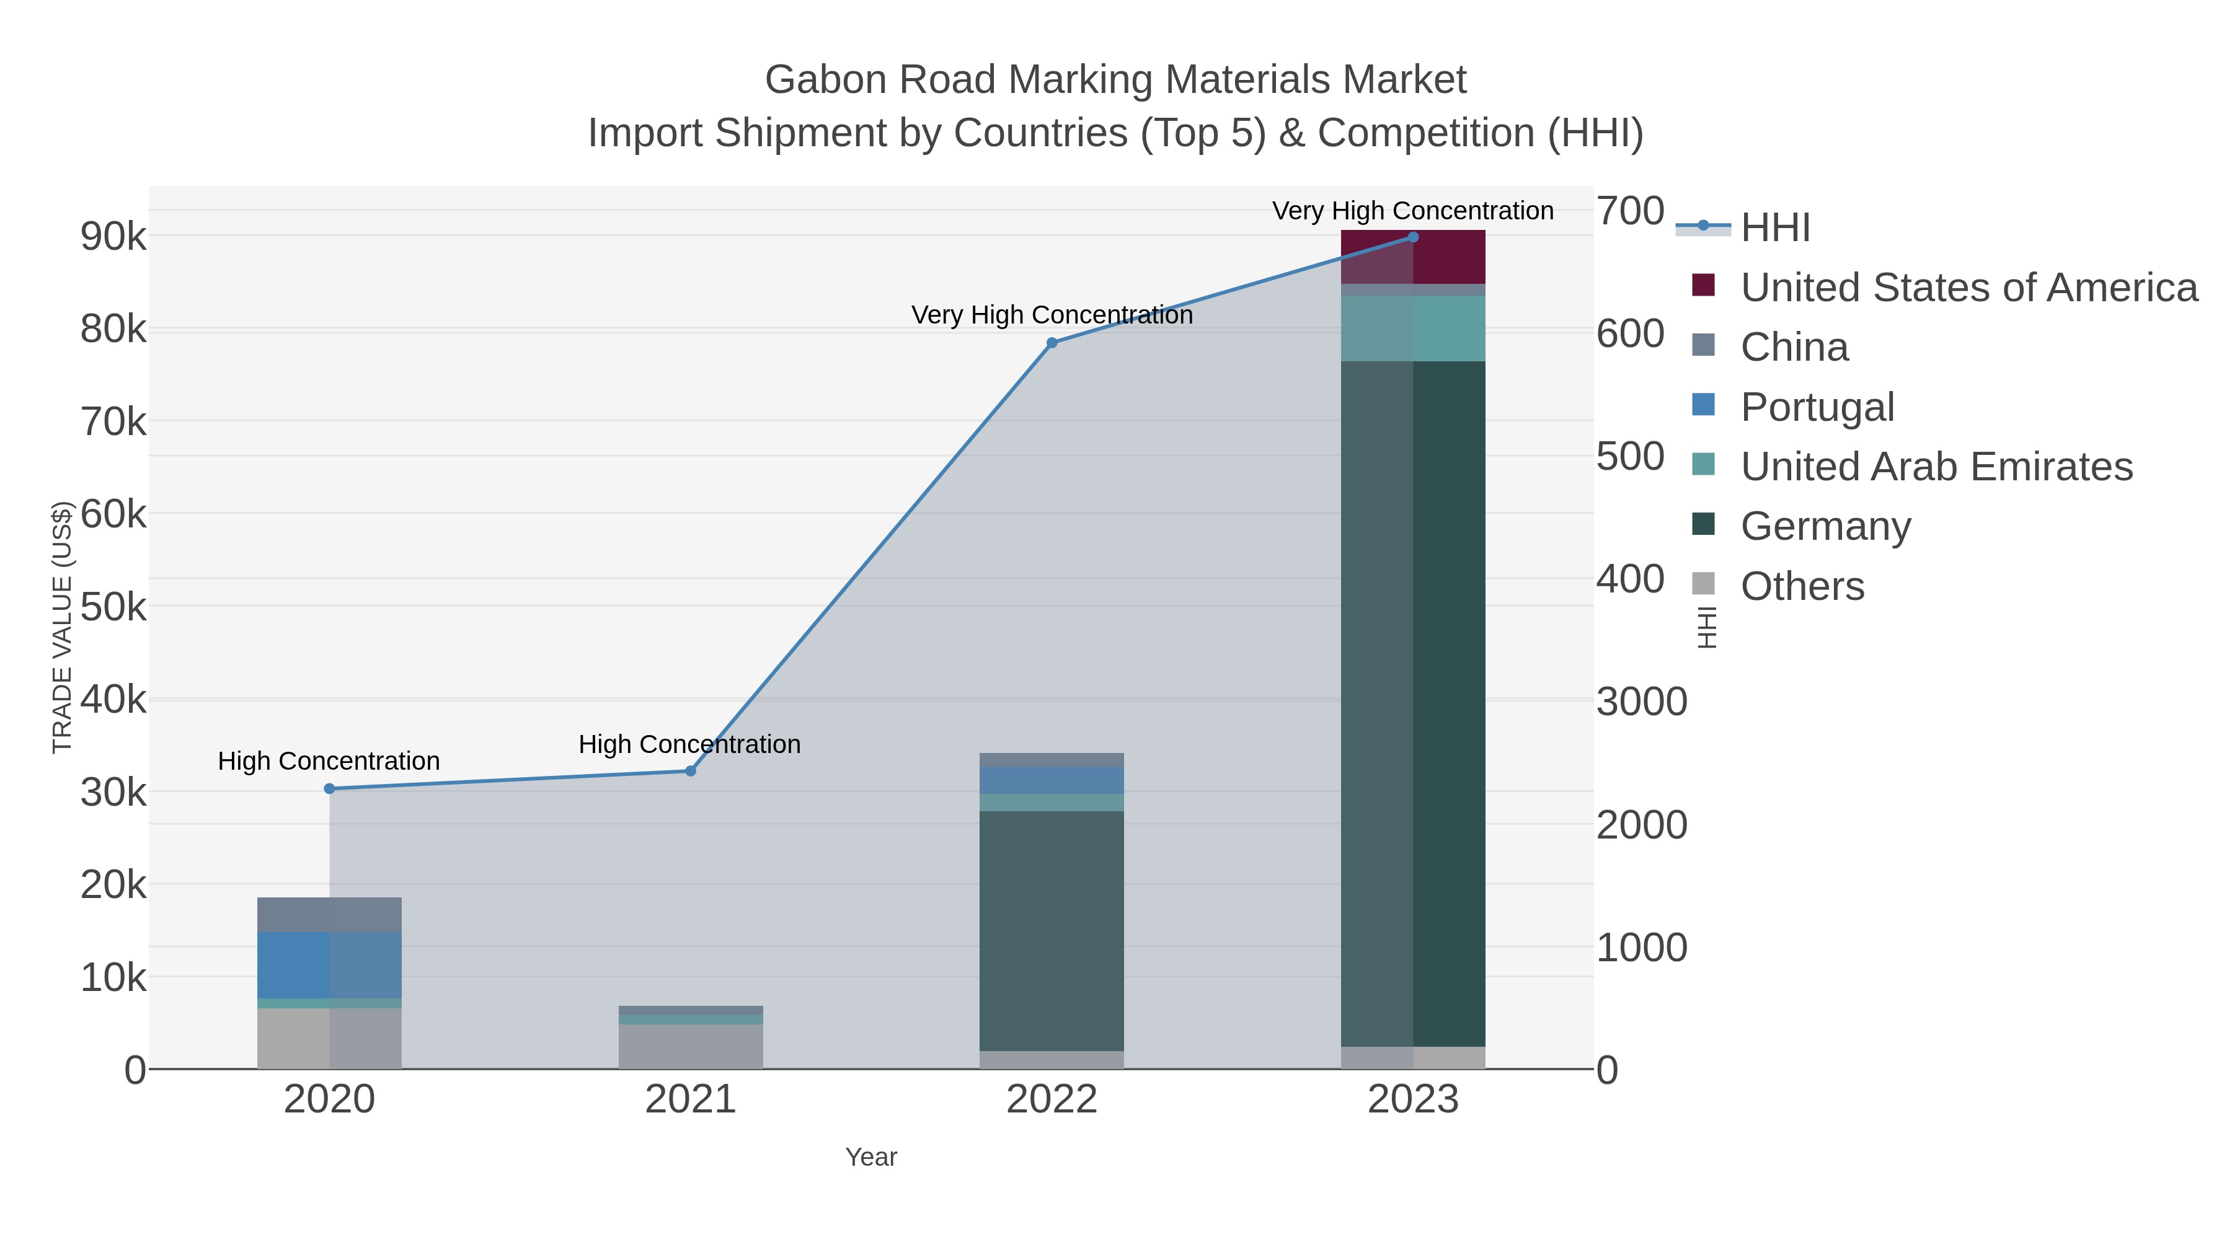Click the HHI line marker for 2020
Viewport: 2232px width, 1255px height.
[329, 788]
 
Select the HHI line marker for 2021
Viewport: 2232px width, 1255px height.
[691, 771]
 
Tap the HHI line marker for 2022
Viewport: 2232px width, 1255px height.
[1052, 343]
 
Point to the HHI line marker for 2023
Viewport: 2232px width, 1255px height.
[1413, 237]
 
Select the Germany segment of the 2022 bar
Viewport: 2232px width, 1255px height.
[1052, 931]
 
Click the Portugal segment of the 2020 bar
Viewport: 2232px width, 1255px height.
[329, 965]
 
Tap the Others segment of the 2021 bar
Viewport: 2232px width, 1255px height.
[691, 1046]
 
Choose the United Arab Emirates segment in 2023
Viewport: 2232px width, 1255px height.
[1413, 328]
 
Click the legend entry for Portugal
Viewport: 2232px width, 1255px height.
[1817, 407]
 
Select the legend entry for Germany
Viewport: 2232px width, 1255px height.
[1825, 527]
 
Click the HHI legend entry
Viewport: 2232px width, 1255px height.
[1774, 228]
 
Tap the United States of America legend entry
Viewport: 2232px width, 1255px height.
[1968, 288]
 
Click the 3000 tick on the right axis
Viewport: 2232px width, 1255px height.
[1641, 702]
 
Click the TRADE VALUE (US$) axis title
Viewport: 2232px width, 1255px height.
[63, 627]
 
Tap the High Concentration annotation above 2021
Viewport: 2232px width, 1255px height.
[689, 744]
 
